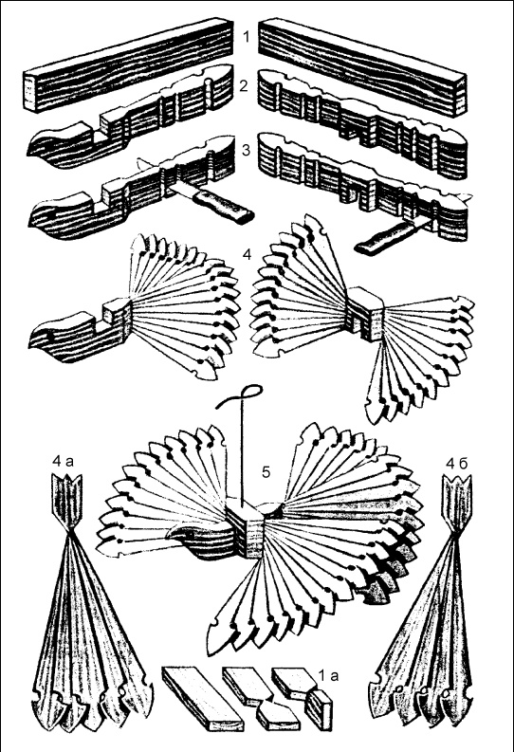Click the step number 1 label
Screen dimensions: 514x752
[x=247, y=37]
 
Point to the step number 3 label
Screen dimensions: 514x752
[x=246, y=150]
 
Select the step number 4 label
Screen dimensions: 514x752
[x=247, y=254]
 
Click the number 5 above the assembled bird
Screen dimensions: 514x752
[x=266, y=472]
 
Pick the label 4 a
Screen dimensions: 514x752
[x=64, y=463]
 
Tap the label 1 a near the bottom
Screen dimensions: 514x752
[x=328, y=676]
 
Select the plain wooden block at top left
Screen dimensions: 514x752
[x=129, y=65]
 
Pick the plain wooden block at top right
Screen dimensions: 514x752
[x=362, y=67]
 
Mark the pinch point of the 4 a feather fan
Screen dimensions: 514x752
[x=70, y=530]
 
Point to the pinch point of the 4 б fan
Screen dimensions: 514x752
[x=455, y=531]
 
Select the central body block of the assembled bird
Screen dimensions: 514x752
[x=245, y=530]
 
